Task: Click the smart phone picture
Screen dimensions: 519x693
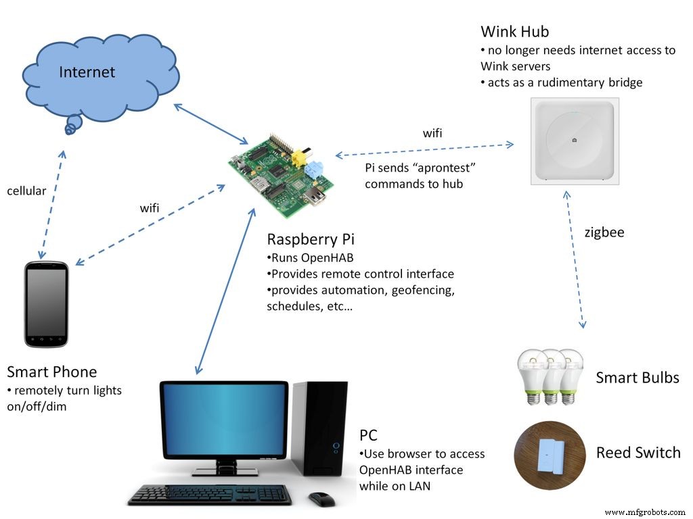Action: point(46,304)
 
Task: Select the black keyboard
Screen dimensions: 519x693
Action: point(210,495)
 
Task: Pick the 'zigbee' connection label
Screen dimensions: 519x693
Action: point(604,232)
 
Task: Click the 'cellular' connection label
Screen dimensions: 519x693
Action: point(26,191)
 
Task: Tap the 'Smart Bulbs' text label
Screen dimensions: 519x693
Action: point(637,378)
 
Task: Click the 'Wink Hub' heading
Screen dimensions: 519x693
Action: point(514,32)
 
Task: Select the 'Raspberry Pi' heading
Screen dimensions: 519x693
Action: point(311,239)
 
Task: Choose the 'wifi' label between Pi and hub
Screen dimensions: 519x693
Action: point(432,133)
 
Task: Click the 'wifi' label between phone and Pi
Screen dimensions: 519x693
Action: point(150,208)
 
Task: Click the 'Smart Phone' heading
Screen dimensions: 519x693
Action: point(52,372)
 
